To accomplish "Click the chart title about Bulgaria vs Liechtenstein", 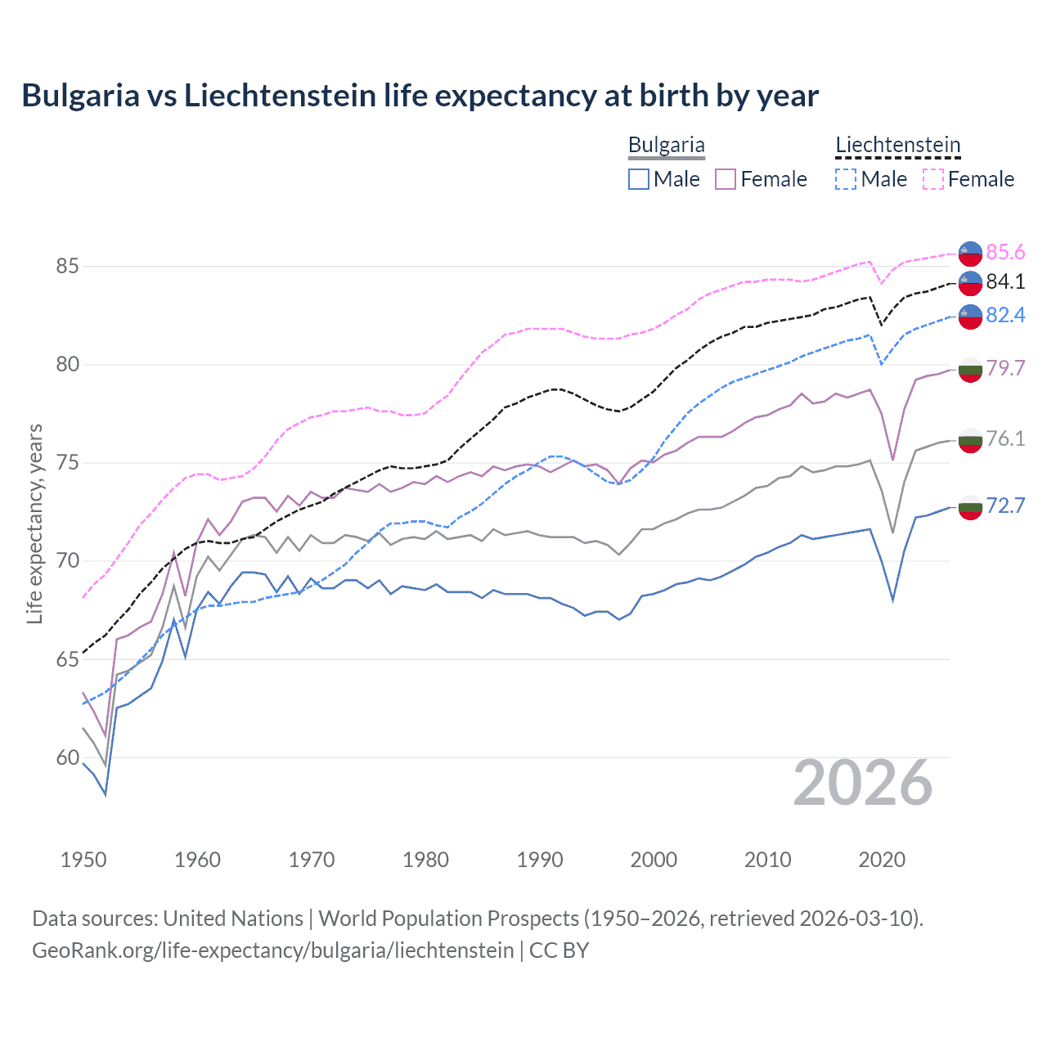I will pos(420,96).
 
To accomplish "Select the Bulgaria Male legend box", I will pos(639,179).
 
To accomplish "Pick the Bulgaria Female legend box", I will pos(726,179).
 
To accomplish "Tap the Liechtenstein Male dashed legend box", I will pos(846,179).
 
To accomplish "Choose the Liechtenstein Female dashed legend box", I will pos(933,179).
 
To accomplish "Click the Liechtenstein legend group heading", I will pos(897,146).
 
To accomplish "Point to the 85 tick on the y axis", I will pos(68,267).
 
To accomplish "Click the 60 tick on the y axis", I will pos(68,758).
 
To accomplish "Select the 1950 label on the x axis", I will pos(83,860).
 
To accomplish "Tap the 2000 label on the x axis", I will pos(654,860).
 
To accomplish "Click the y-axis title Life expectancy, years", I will pos(35,524).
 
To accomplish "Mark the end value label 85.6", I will pos(1005,252).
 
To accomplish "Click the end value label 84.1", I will pos(1005,282).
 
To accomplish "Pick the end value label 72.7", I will pos(1005,506).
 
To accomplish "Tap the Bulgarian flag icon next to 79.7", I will pos(970,370).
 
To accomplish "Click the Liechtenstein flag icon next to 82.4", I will pos(970,316).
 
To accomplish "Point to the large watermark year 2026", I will pos(863,784).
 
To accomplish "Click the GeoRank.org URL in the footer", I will pos(272,950).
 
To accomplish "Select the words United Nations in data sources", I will pos(233,919).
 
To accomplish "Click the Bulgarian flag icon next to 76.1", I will pos(970,440).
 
